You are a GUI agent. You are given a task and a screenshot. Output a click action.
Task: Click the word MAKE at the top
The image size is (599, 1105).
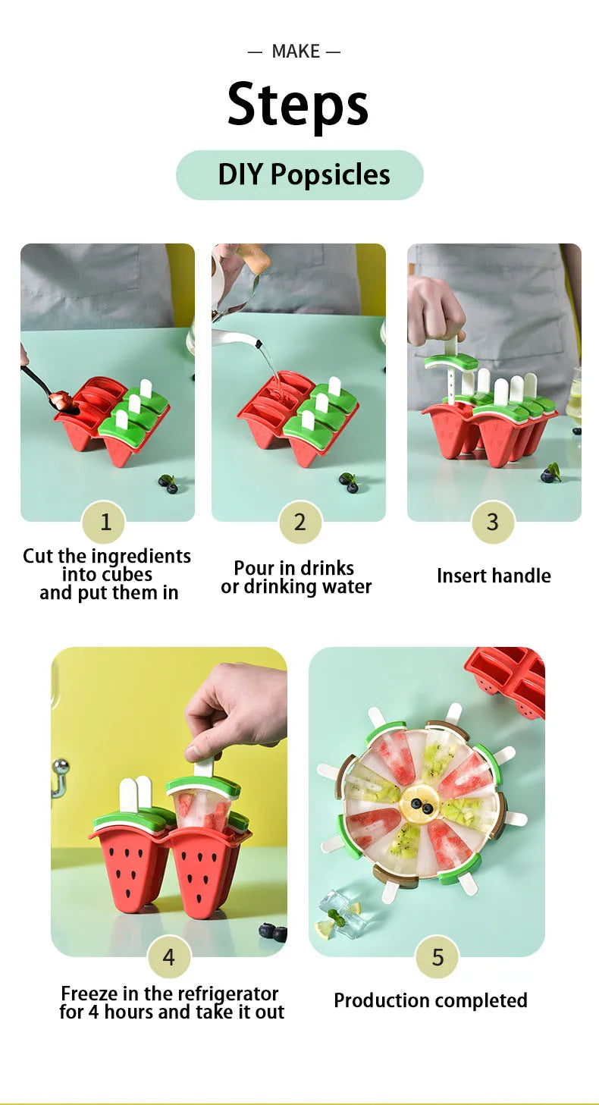296,52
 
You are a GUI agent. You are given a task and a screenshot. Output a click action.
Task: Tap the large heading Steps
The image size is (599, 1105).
298,105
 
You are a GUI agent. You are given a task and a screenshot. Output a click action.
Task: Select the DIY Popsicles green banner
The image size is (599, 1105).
299,174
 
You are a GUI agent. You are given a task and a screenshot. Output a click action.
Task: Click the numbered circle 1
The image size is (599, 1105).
105,522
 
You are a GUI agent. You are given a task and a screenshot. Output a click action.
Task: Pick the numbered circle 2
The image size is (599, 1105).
300,522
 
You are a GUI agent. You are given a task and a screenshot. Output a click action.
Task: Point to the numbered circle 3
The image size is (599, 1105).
493,522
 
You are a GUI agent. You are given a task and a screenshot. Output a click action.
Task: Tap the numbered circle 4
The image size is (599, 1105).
169,958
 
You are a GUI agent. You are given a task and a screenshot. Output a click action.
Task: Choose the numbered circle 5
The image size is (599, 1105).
437,958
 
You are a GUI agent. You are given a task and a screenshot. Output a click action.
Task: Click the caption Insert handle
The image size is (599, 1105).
494,576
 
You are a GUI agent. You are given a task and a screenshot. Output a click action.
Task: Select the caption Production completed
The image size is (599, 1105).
431,1000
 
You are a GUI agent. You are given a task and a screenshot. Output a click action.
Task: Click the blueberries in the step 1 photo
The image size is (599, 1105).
168,484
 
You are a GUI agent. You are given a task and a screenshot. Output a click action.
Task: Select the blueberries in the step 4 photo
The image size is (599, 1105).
273,932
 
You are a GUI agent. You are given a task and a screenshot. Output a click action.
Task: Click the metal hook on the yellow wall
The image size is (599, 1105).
58,777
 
